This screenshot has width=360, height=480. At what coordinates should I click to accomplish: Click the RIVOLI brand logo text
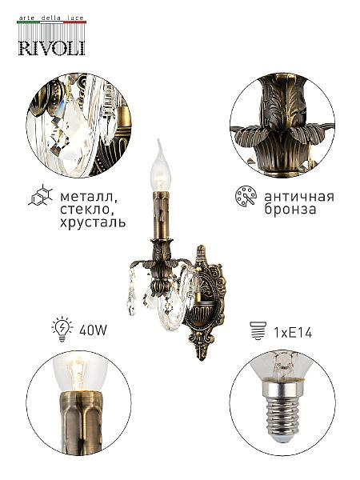click(51, 48)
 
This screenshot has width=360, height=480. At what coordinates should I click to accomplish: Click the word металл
click(89, 197)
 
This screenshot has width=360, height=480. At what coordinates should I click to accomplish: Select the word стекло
click(89, 209)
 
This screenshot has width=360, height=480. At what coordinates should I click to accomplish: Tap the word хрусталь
click(93, 222)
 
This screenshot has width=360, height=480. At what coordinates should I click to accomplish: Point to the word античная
click(299, 197)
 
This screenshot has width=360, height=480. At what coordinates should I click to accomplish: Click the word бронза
click(290, 210)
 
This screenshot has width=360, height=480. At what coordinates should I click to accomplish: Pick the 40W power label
click(93, 330)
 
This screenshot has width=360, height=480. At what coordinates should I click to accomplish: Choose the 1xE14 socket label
click(293, 333)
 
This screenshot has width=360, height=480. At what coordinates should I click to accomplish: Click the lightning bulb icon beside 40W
click(62, 329)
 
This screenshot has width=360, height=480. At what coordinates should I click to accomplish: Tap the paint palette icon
click(246, 196)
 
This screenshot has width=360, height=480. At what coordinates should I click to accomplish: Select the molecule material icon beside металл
click(41, 195)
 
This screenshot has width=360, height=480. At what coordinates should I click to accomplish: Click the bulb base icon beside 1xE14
click(258, 330)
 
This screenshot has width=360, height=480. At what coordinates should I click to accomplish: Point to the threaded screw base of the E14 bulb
click(280, 416)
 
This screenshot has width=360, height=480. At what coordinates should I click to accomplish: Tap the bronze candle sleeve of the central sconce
click(161, 215)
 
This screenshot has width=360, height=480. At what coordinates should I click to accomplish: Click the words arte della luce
click(51, 18)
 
